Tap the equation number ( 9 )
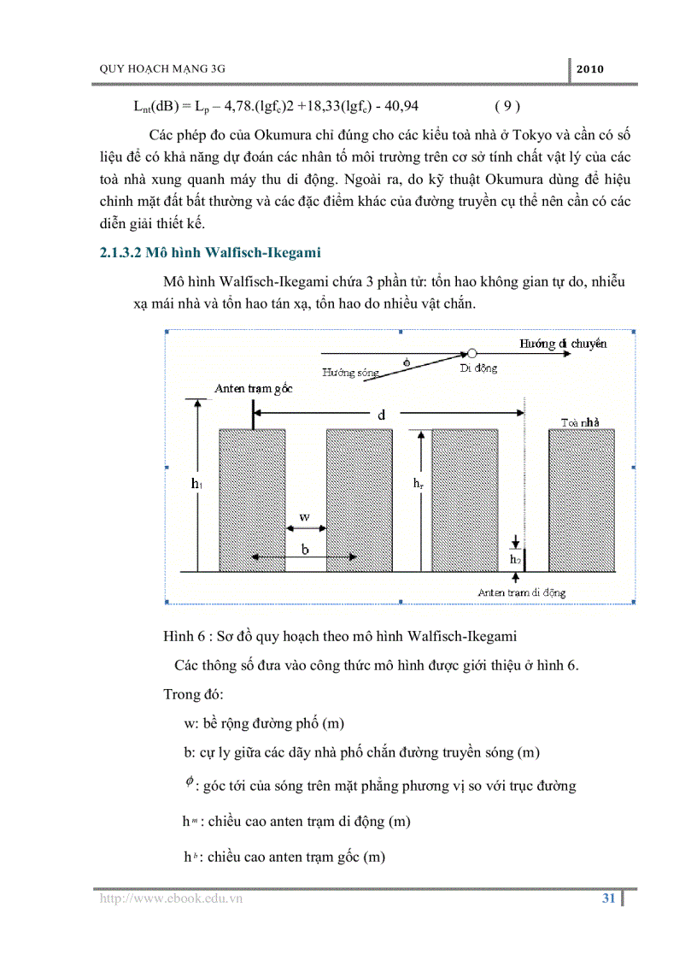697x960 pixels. [507, 106]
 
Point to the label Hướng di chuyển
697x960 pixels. [564, 343]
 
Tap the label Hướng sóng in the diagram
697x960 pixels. [348, 372]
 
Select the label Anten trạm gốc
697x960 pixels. [254, 388]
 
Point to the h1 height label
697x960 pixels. [196, 484]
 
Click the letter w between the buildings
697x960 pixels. [304, 517]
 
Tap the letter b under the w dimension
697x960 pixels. [304, 550]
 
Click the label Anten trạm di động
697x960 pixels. [521, 592]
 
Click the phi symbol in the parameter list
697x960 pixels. [190, 782]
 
